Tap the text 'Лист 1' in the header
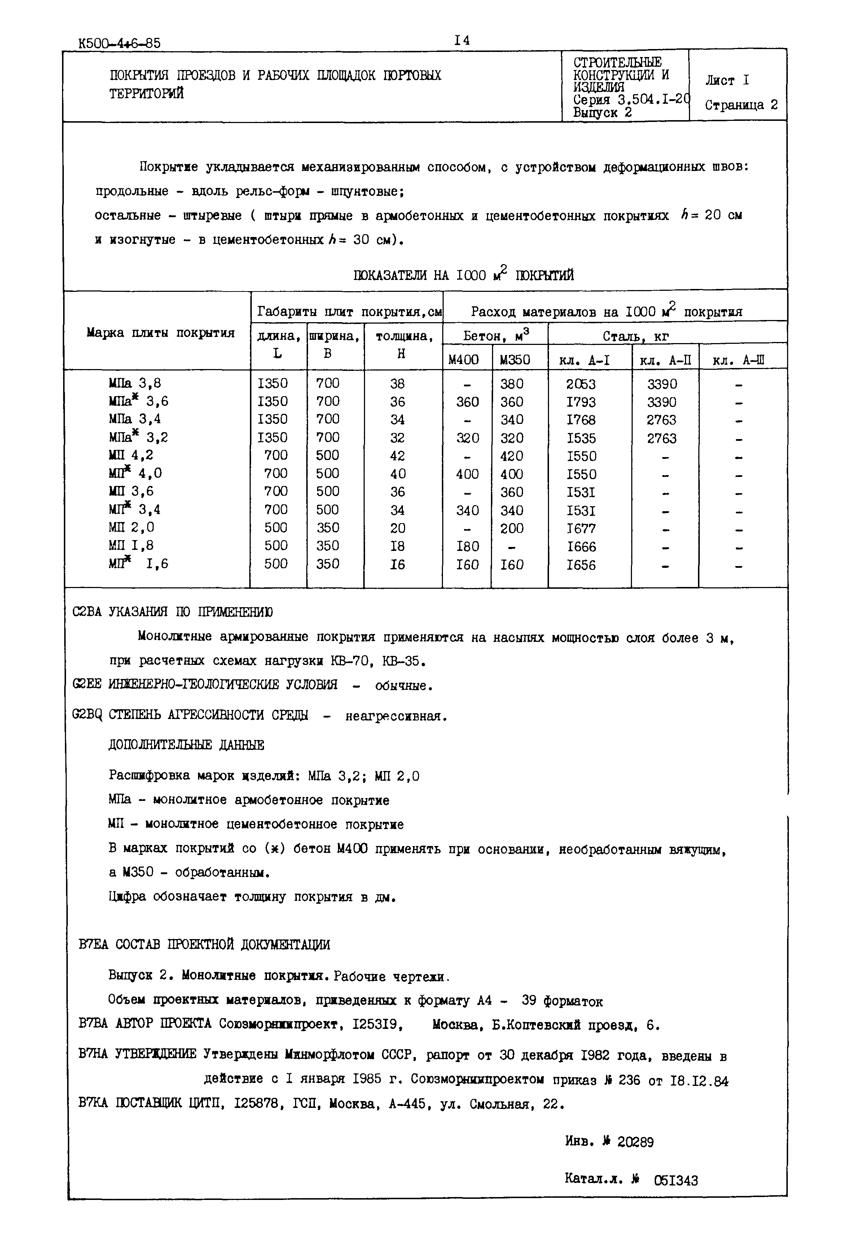click(727, 80)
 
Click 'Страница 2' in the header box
click(741, 105)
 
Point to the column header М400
click(464, 360)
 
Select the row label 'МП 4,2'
click(131, 455)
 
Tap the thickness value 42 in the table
click(397, 456)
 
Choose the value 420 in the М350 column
click(512, 456)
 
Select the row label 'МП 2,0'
click(131, 527)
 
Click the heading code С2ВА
click(87, 612)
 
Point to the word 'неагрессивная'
click(395, 716)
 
